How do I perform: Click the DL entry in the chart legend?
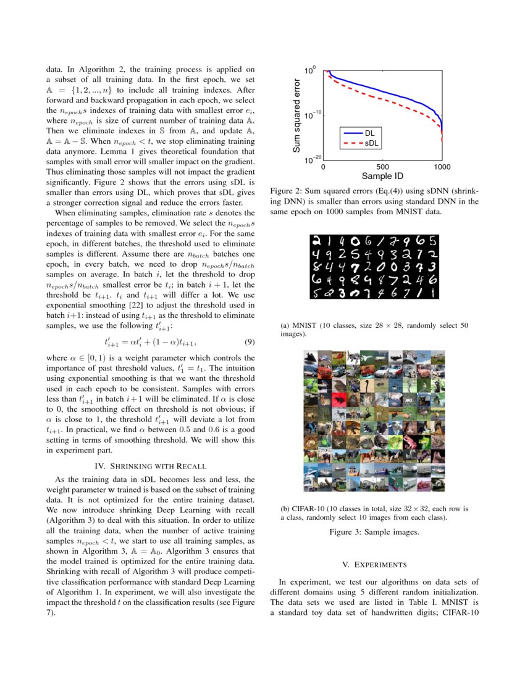(x=369, y=133)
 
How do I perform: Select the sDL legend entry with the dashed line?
(x=371, y=143)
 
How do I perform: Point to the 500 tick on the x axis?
(x=382, y=167)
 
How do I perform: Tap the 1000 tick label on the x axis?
(x=441, y=167)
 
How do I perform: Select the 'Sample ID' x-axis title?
(x=382, y=177)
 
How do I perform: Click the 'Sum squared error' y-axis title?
(x=296, y=115)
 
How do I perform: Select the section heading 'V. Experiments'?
(x=374, y=564)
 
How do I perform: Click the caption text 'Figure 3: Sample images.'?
(x=374, y=531)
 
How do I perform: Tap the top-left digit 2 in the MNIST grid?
(x=316, y=240)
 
